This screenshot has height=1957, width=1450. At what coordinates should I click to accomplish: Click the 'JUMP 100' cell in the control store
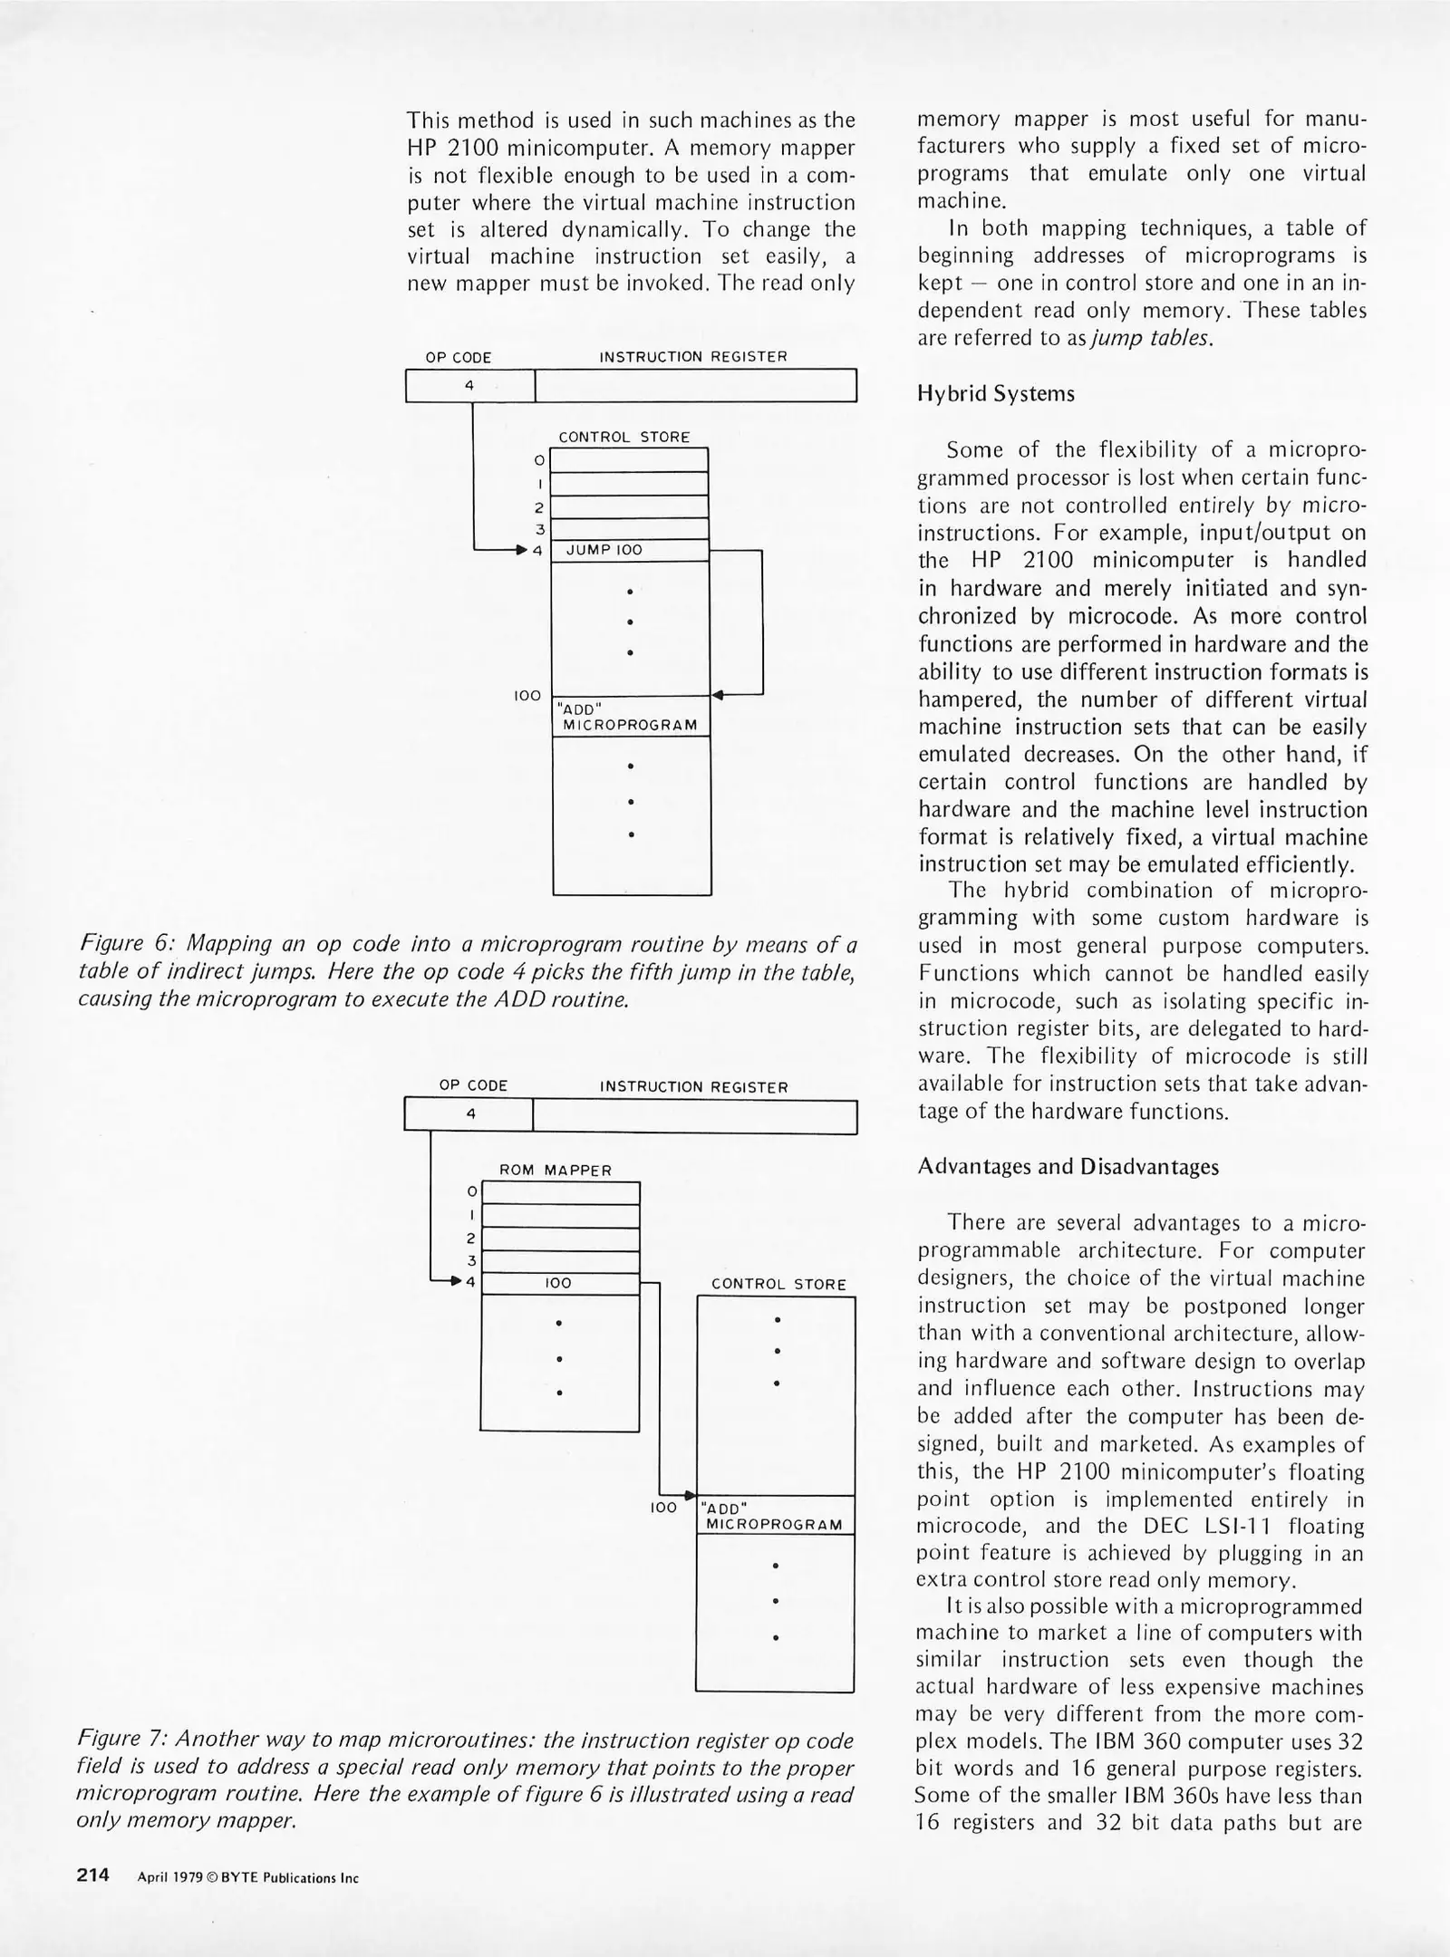tap(629, 550)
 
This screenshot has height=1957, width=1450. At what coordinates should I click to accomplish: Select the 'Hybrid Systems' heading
tap(996, 394)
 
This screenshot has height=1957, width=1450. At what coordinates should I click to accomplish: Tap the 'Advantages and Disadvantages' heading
tap(1068, 1166)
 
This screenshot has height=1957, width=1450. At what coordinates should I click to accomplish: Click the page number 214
tap(92, 1875)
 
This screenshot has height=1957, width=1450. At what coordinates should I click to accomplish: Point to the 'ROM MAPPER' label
tap(556, 1170)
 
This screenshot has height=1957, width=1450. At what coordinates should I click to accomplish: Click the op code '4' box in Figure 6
tap(469, 385)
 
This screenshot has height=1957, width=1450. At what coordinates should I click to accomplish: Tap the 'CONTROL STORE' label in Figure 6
tap(624, 437)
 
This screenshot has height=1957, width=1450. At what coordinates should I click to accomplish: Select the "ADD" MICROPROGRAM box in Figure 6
tap(631, 716)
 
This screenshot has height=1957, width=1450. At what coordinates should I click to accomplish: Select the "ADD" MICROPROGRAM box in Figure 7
tap(775, 1516)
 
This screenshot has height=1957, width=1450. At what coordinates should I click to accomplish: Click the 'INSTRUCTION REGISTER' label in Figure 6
tap(693, 357)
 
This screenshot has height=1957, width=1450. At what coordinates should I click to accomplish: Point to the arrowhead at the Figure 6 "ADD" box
tap(717, 695)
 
